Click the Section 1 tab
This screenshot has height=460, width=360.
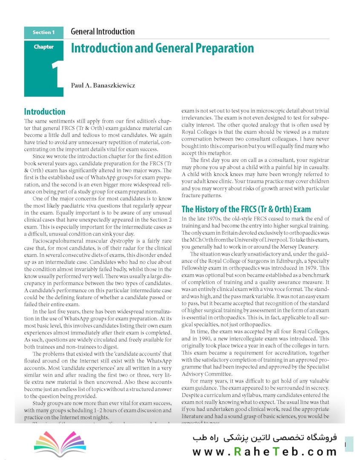(x=44, y=32)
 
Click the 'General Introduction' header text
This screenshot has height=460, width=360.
(x=103, y=32)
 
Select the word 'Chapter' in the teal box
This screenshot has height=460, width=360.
(x=44, y=47)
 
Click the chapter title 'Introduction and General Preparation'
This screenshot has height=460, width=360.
(x=162, y=48)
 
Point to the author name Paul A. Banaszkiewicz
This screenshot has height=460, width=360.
(x=103, y=85)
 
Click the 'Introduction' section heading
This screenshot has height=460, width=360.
(x=45, y=112)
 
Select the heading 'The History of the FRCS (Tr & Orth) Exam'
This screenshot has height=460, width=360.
(x=246, y=209)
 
